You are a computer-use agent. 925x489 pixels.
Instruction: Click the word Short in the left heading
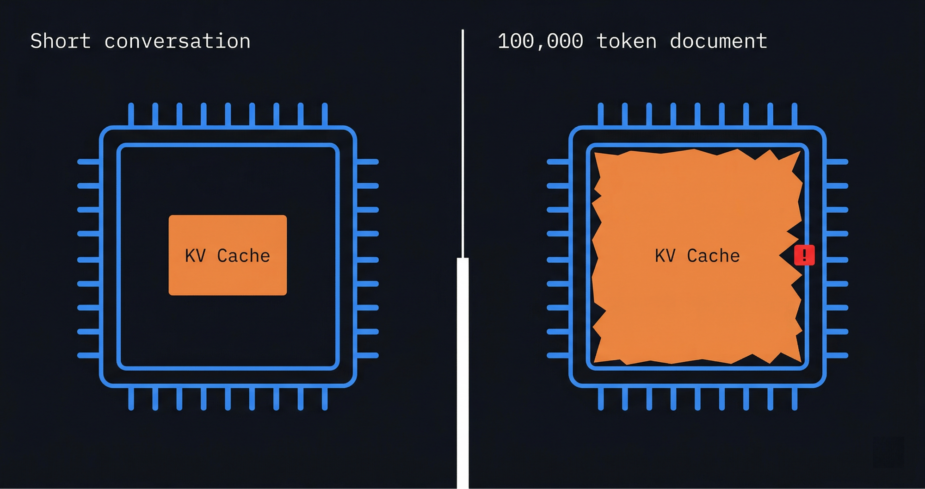60,41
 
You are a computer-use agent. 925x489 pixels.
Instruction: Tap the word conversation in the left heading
177,41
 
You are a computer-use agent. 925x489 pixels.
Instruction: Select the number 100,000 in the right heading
540,41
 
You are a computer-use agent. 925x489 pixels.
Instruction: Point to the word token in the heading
626,41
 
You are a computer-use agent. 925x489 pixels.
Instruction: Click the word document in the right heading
718,41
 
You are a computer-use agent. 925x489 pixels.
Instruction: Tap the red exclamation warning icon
804,255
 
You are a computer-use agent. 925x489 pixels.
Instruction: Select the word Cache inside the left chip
243,256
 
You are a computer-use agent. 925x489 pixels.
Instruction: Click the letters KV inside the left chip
195,256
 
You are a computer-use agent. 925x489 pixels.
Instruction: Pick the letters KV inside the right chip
665,256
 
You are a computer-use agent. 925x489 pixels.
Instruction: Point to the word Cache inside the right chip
713,256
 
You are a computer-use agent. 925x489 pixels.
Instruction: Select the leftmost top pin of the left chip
131,114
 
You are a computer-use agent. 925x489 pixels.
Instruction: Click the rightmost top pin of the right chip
795,114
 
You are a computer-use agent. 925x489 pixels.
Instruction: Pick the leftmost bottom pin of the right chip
601,399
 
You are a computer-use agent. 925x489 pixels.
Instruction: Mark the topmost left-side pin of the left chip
88,162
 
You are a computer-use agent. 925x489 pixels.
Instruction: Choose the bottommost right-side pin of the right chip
837,355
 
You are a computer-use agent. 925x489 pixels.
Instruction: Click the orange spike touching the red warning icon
786,255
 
